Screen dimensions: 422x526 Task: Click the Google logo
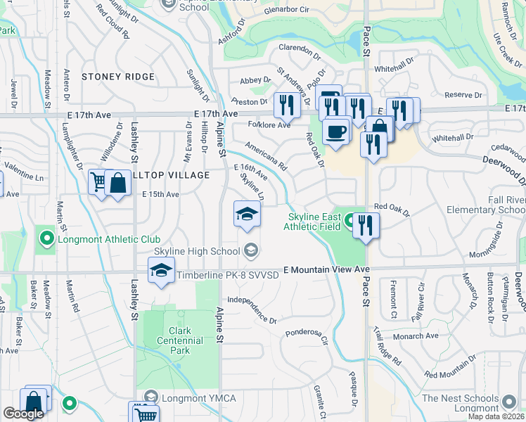[x=23, y=414]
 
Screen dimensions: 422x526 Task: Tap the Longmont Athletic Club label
[x=101, y=239]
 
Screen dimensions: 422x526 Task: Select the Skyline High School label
[x=197, y=250]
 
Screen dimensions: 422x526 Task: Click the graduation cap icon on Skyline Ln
[x=247, y=214]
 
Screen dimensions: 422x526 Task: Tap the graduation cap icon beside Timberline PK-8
[x=161, y=271]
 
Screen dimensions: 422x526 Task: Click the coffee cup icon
[x=336, y=132]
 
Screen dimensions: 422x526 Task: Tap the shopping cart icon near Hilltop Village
[x=99, y=183]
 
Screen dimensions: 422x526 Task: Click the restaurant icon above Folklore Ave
[x=286, y=105]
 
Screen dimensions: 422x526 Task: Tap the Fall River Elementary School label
[x=486, y=205]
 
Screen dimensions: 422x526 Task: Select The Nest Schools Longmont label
[x=470, y=403]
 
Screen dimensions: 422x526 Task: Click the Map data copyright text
[x=496, y=416]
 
